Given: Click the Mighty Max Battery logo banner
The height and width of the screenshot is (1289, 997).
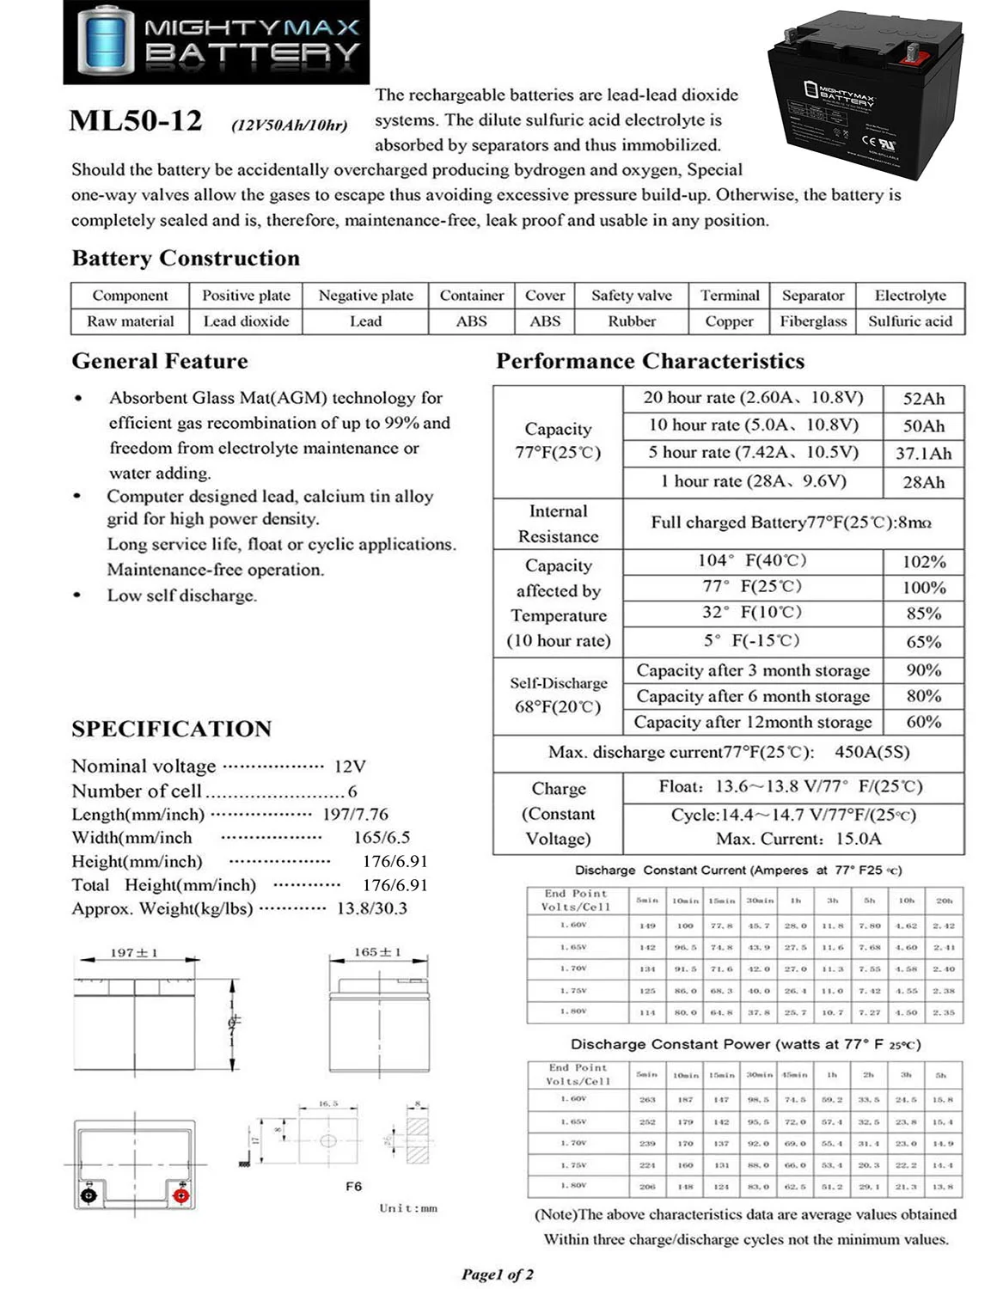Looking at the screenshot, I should click(216, 42).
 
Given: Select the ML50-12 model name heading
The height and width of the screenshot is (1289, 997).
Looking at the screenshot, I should click(136, 121).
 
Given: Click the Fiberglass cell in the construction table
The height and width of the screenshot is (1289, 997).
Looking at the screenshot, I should click(813, 321).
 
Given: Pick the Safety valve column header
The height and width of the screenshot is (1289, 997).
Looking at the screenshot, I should click(631, 296).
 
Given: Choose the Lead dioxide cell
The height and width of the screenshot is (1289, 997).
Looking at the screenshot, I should click(246, 321).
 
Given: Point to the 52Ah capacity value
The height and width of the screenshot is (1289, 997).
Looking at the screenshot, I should click(923, 399).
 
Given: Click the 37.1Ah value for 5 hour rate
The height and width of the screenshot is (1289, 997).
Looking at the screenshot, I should click(923, 454).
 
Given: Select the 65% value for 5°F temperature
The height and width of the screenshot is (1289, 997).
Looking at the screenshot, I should click(923, 642).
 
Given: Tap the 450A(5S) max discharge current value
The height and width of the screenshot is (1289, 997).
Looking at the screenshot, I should click(872, 752).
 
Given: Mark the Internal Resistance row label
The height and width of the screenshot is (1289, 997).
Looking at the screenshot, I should click(558, 524).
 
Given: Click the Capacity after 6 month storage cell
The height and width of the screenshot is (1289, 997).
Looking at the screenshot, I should click(752, 696).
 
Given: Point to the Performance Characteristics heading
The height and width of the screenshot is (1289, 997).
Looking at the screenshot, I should click(650, 361).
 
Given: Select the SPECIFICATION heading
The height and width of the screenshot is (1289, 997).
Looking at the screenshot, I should click(171, 729).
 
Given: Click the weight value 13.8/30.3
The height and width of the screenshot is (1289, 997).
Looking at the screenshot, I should click(371, 908).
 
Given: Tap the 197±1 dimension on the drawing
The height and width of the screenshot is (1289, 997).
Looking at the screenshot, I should click(134, 953).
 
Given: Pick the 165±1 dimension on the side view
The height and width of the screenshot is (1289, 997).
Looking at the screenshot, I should click(377, 952).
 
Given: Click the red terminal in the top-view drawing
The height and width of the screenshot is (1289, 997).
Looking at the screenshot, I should click(180, 1195).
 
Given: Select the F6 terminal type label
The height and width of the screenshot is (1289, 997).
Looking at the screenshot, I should click(353, 1186).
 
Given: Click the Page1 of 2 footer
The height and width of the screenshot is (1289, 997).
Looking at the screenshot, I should click(497, 1274).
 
